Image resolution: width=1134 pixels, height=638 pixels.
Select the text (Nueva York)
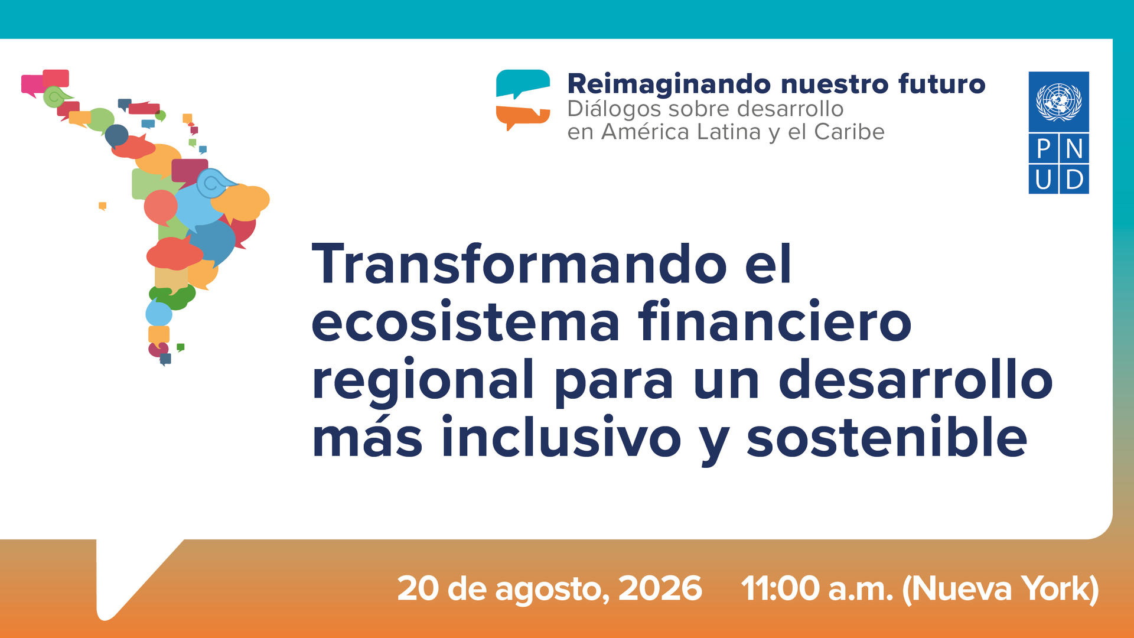coord(1001,590)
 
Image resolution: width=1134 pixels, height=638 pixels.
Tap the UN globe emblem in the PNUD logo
coord(1058,102)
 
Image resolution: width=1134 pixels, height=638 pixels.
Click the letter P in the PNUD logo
coord(1044,149)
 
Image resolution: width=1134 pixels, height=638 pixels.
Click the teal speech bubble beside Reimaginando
coord(523,83)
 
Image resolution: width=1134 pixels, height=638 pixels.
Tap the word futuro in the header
coord(942,84)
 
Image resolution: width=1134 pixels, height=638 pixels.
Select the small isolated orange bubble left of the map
coord(102,206)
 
